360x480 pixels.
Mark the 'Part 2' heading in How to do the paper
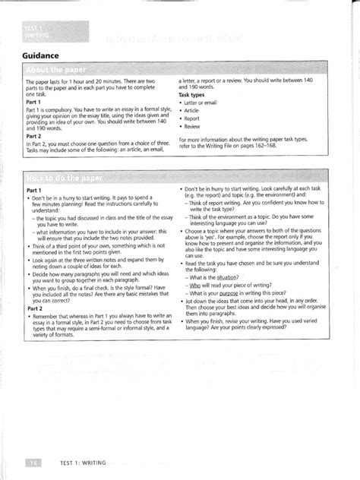tap(34, 309)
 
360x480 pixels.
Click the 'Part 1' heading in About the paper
tap(34, 101)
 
